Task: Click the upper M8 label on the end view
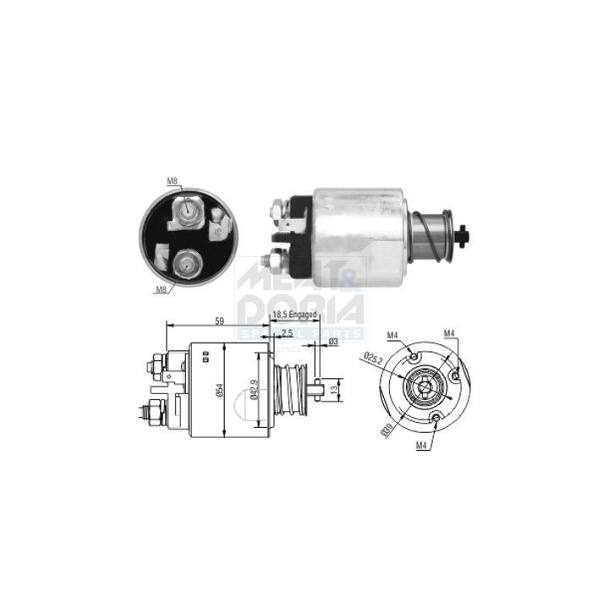(x=172, y=181)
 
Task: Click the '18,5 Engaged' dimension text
(x=294, y=315)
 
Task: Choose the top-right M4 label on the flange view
(x=448, y=334)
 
